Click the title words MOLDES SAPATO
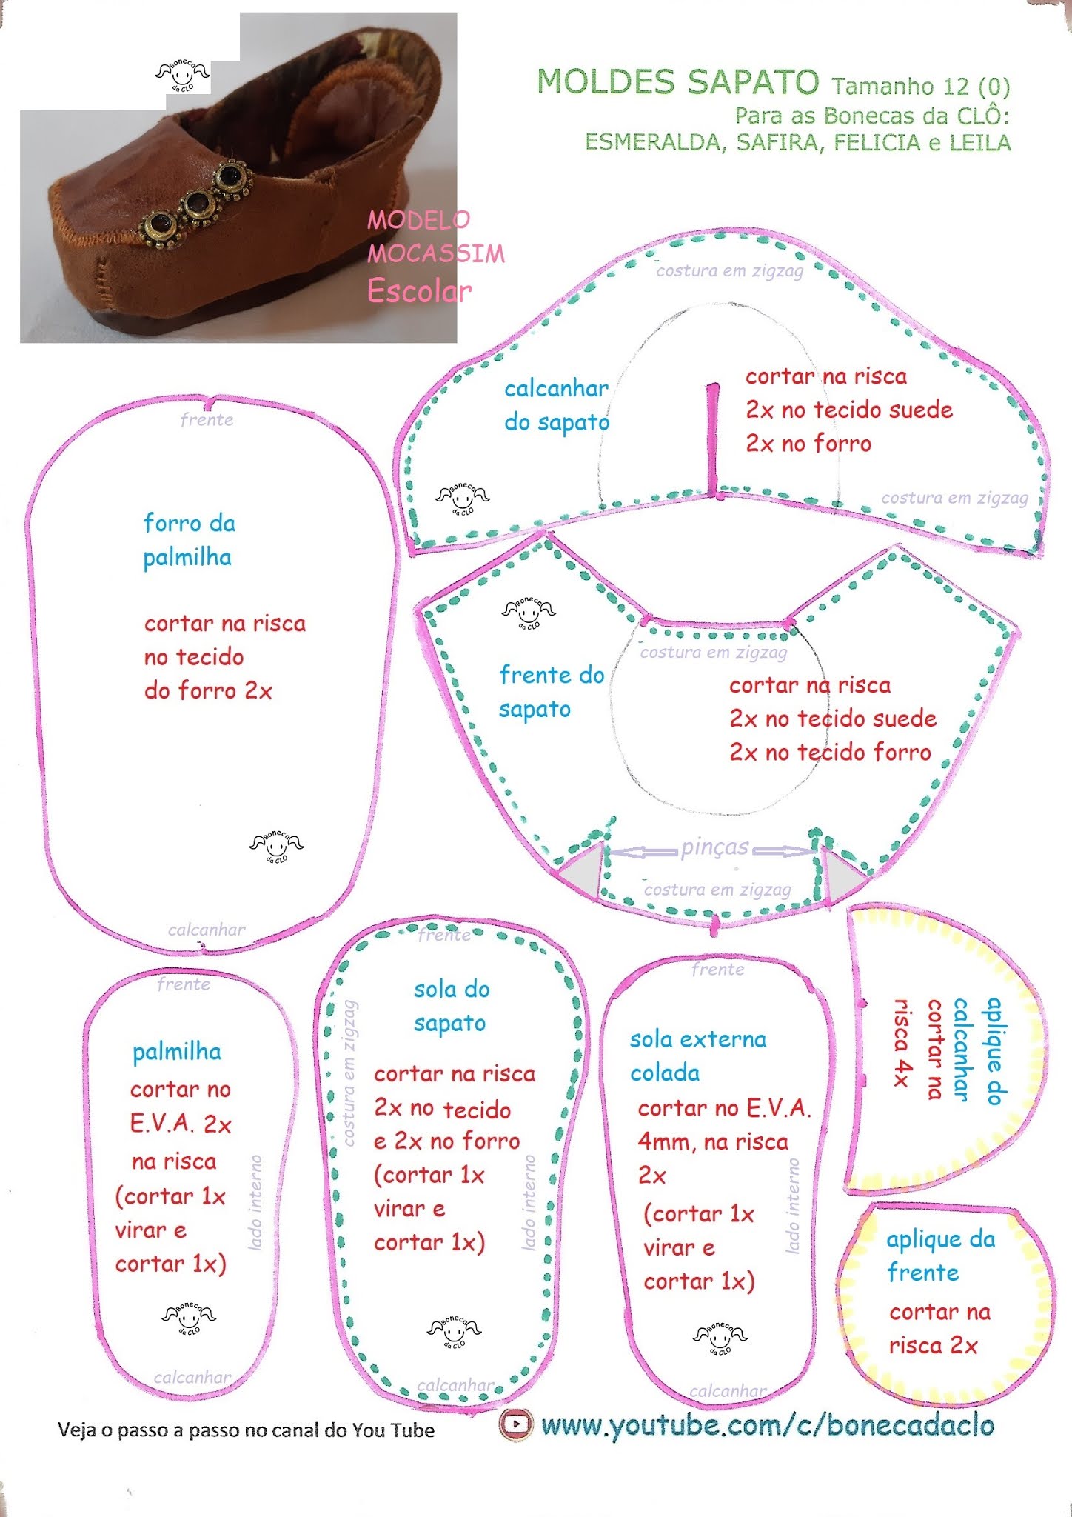tap(677, 81)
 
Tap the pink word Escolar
tap(419, 291)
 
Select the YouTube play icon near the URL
tap(515, 1424)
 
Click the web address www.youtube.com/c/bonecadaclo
tap(767, 1424)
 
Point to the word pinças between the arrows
tap(714, 847)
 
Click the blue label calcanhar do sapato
tap(556, 405)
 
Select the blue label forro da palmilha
tap(189, 540)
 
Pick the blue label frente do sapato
tap(552, 692)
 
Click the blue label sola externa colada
tap(697, 1056)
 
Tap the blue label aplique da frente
tap(940, 1256)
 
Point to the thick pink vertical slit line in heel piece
tap(713, 440)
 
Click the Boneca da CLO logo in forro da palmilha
tap(276, 844)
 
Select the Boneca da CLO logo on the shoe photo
tap(182, 75)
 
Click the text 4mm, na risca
tap(712, 1141)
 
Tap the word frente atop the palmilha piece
tap(183, 984)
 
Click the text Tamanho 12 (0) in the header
tap(920, 86)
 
